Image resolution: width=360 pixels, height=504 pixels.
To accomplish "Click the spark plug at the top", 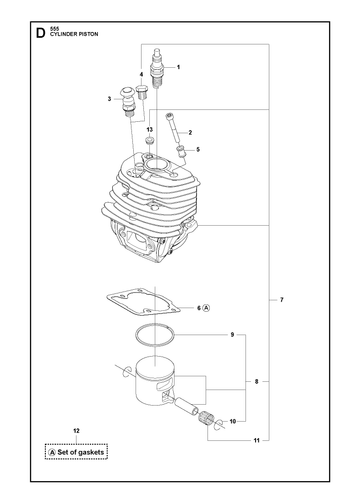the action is pyautogui.click(x=156, y=68).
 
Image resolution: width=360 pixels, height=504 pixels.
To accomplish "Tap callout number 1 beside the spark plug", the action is pyautogui.click(x=178, y=67).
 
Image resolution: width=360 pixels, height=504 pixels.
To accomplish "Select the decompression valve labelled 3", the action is pyautogui.click(x=127, y=101).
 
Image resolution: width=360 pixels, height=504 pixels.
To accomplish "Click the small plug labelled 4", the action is pyautogui.click(x=143, y=92).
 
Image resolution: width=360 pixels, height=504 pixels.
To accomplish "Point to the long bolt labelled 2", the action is pyautogui.click(x=172, y=127).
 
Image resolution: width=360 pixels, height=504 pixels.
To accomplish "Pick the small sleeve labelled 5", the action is pyautogui.click(x=182, y=152).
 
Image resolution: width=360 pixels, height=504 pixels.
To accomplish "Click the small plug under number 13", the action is pyautogui.click(x=149, y=141).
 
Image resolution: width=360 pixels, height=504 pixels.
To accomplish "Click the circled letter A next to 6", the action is pyautogui.click(x=207, y=308).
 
